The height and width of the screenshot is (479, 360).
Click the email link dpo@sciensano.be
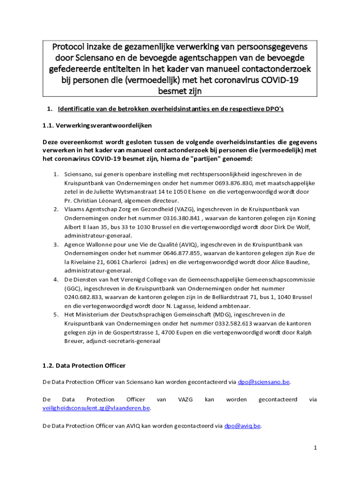[264, 382]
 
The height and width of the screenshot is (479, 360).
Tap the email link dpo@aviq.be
[242, 426]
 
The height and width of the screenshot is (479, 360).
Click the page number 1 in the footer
[316, 448]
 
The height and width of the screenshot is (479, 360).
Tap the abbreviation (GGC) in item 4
[73, 288]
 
